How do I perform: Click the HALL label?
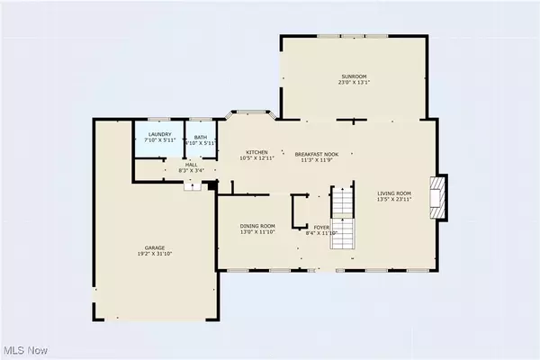coord(191,165)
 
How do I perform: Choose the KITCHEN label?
coord(258,153)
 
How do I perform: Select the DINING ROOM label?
coord(256,226)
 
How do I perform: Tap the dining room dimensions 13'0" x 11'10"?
coord(256,232)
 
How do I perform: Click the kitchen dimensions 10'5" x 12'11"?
coord(258,159)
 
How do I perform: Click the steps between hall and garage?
coord(192,185)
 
